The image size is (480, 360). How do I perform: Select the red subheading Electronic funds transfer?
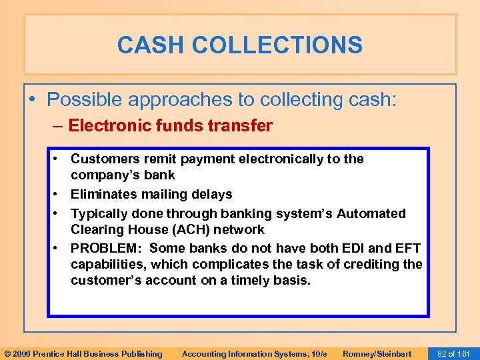pos(170,126)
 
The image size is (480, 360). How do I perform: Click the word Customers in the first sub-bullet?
pos(102,159)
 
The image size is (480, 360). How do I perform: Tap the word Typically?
pos(100,213)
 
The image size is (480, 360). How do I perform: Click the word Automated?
pos(371,213)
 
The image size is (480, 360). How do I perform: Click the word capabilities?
pos(108,264)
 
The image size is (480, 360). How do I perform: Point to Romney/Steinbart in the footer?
pos(377,353)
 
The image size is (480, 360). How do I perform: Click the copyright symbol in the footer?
pos(7,353)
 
